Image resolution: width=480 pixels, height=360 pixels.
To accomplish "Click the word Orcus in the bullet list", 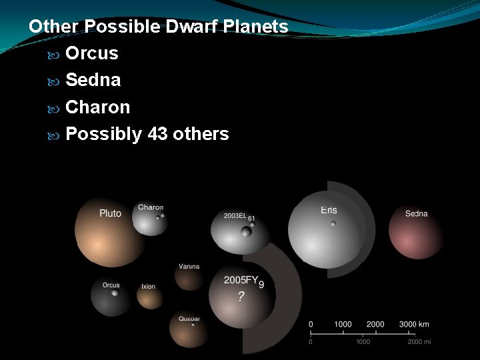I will (x=92, y=53).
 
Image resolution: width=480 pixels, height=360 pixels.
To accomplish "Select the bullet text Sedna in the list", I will (x=93, y=81).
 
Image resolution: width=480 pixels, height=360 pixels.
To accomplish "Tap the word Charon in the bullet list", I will (x=97, y=107).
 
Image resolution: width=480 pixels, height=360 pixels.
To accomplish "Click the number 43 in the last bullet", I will (x=156, y=134).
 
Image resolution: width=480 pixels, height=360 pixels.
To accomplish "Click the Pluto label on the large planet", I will (x=110, y=213).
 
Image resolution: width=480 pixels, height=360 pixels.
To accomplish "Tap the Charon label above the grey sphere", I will (x=151, y=207).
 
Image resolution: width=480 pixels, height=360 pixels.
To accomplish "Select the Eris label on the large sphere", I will (x=329, y=210).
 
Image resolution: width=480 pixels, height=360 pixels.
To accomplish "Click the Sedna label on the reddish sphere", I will (x=417, y=213).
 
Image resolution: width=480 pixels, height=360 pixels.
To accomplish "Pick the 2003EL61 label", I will (x=239, y=216).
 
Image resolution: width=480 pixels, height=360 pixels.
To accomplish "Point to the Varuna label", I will (x=189, y=267).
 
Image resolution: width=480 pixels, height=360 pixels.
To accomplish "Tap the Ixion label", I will (x=148, y=287).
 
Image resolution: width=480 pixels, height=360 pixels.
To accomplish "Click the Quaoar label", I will (x=189, y=319).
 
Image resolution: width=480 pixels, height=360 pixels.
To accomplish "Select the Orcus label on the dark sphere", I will (x=111, y=285).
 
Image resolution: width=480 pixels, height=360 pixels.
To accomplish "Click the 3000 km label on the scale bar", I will (x=414, y=324).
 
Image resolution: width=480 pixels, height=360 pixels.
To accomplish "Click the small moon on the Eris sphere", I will (x=333, y=224).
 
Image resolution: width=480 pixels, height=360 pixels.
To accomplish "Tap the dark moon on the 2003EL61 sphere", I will (x=246, y=232).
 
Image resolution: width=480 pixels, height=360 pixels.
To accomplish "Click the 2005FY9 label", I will (x=244, y=281).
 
